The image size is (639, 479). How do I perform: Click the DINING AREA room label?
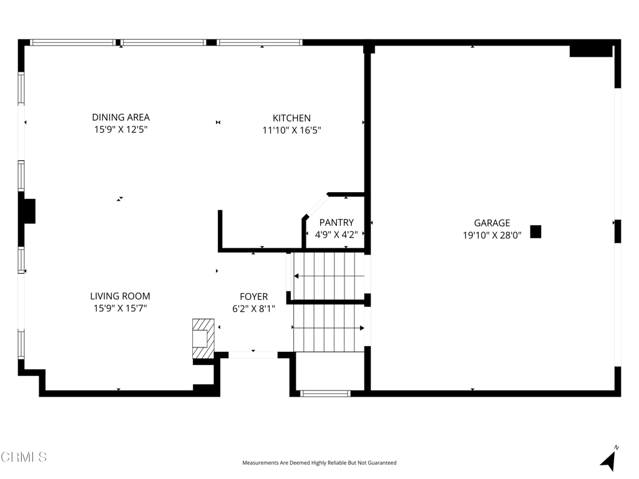(120, 117)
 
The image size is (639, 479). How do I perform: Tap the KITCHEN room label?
(291, 118)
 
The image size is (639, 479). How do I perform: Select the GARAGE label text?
(492, 223)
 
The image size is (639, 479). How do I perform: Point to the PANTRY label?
(336, 223)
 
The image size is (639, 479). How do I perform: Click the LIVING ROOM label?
(120, 296)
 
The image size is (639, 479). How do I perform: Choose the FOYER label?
(254, 297)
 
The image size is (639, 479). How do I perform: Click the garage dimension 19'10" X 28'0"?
(492, 235)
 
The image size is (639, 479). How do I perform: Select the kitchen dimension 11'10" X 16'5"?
(291, 130)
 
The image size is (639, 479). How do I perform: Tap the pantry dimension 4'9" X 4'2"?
(336, 235)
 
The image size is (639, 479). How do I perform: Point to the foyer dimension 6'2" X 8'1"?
(254, 308)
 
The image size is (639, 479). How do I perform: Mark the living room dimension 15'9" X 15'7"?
(120, 308)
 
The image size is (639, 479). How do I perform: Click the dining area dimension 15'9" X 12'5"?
(120, 130)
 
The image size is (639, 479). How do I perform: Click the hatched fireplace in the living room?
(203, 339)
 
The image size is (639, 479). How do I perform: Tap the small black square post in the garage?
(535, 231)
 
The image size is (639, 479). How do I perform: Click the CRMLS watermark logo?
(24, 457)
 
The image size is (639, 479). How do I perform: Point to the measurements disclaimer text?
(319, 463)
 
